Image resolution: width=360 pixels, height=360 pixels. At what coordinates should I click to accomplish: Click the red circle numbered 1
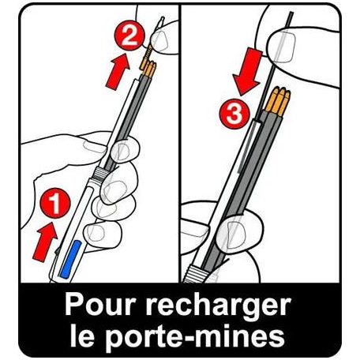coord(55,203)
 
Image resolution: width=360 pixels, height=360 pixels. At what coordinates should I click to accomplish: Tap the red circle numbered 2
coord(129,36)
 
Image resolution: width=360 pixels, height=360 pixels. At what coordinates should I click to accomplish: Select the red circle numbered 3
coord(234,114)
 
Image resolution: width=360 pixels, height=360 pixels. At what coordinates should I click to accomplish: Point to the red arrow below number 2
coord(118,72)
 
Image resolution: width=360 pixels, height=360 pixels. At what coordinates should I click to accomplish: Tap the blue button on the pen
coord(70,259)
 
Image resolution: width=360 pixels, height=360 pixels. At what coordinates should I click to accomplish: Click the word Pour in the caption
coord(100,305)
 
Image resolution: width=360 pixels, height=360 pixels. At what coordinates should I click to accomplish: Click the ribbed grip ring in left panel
coord(100,174)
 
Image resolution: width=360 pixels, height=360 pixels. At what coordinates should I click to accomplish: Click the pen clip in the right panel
coord(247,148)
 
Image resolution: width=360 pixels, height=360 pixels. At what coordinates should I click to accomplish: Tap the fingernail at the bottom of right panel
coord(235,234)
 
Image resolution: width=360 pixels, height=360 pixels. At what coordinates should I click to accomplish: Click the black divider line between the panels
coord(180,144)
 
